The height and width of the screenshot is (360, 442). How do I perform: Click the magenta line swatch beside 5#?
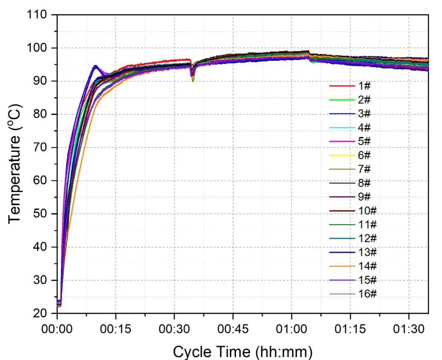pos(342,141)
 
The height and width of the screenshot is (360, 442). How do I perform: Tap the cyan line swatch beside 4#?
pos(342,128)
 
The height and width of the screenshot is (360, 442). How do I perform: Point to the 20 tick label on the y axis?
pos(41,314)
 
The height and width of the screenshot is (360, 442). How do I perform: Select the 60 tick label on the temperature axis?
pos(41,181)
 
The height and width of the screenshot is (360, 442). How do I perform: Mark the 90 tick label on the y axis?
pos(41,81)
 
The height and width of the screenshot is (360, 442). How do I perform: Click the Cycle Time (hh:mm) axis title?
pos(242,351)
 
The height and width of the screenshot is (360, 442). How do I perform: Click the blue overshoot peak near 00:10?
pos(95,66)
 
